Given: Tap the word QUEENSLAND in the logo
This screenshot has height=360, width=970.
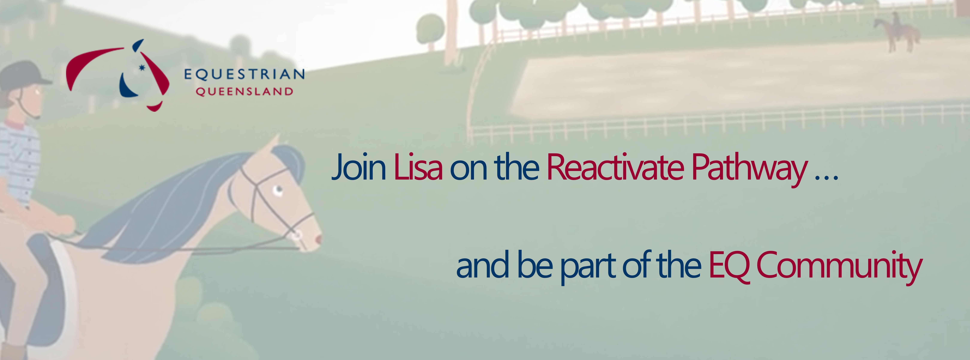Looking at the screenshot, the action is pyautogui.click(x=244, y=91).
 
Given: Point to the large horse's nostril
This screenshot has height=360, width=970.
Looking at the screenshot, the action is pyautogui.click(x=319, y=239).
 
